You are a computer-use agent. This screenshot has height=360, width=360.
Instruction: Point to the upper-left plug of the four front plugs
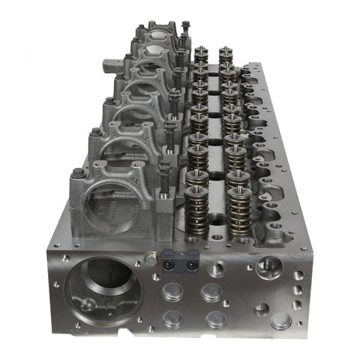172,291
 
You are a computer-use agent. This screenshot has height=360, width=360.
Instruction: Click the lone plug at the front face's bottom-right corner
280,321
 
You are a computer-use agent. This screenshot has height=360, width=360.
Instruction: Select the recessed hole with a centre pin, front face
268,265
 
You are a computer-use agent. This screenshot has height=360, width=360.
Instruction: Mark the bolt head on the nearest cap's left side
77,175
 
